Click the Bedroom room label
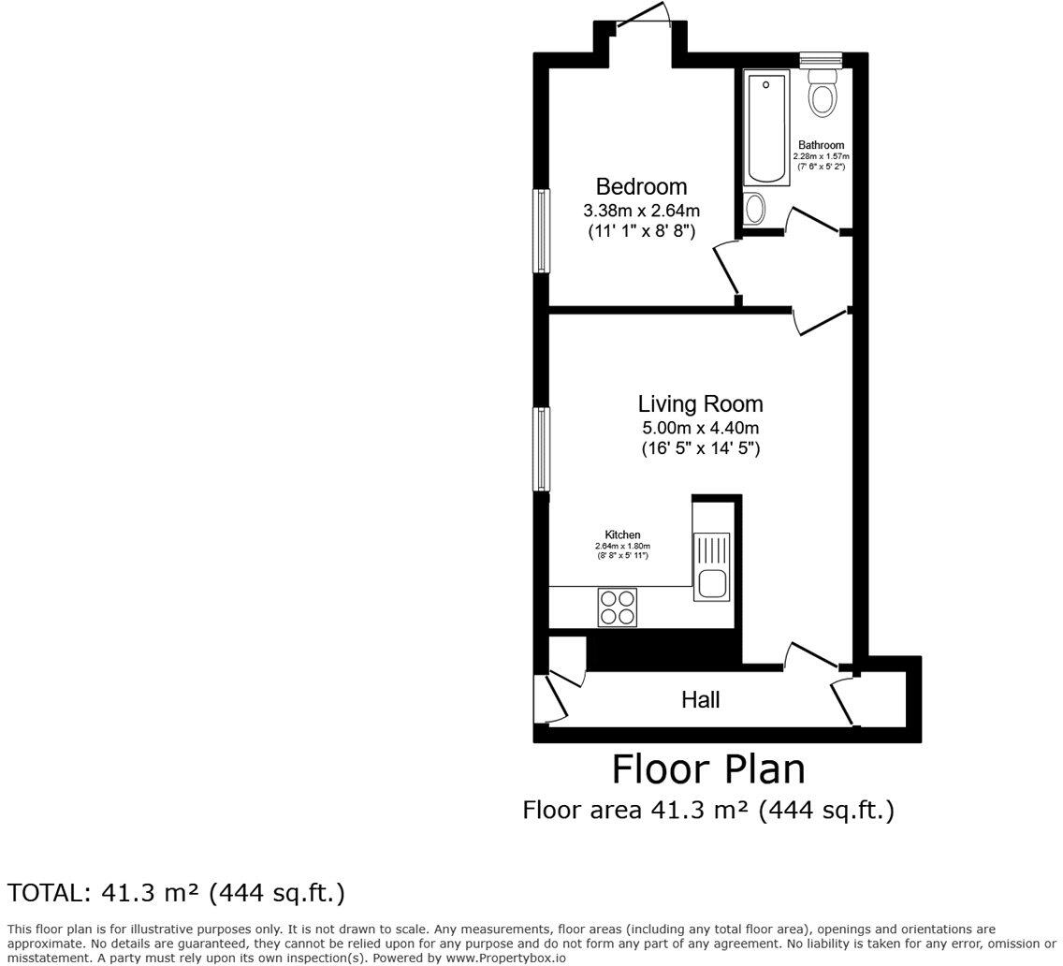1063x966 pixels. [641, 187]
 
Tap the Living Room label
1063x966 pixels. [700, 404]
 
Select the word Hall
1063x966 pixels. [700, 699]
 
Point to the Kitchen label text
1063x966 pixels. [622, 534]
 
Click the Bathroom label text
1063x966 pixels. [821, 145]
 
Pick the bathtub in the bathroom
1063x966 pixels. [769, 129]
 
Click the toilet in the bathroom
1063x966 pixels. [823, 93]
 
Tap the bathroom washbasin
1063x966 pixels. [754, 207]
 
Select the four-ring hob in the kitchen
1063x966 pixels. [617, 607]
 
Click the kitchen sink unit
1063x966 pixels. [711, 566]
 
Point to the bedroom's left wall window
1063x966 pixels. [541, 231]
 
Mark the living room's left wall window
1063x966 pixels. [541, 448]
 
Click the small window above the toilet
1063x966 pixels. [822, 60]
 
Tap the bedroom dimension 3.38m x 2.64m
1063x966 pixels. [641, 211]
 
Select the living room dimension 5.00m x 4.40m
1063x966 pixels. [700, 428]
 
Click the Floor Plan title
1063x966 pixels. [708, 769]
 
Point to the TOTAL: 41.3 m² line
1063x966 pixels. [177, 893]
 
